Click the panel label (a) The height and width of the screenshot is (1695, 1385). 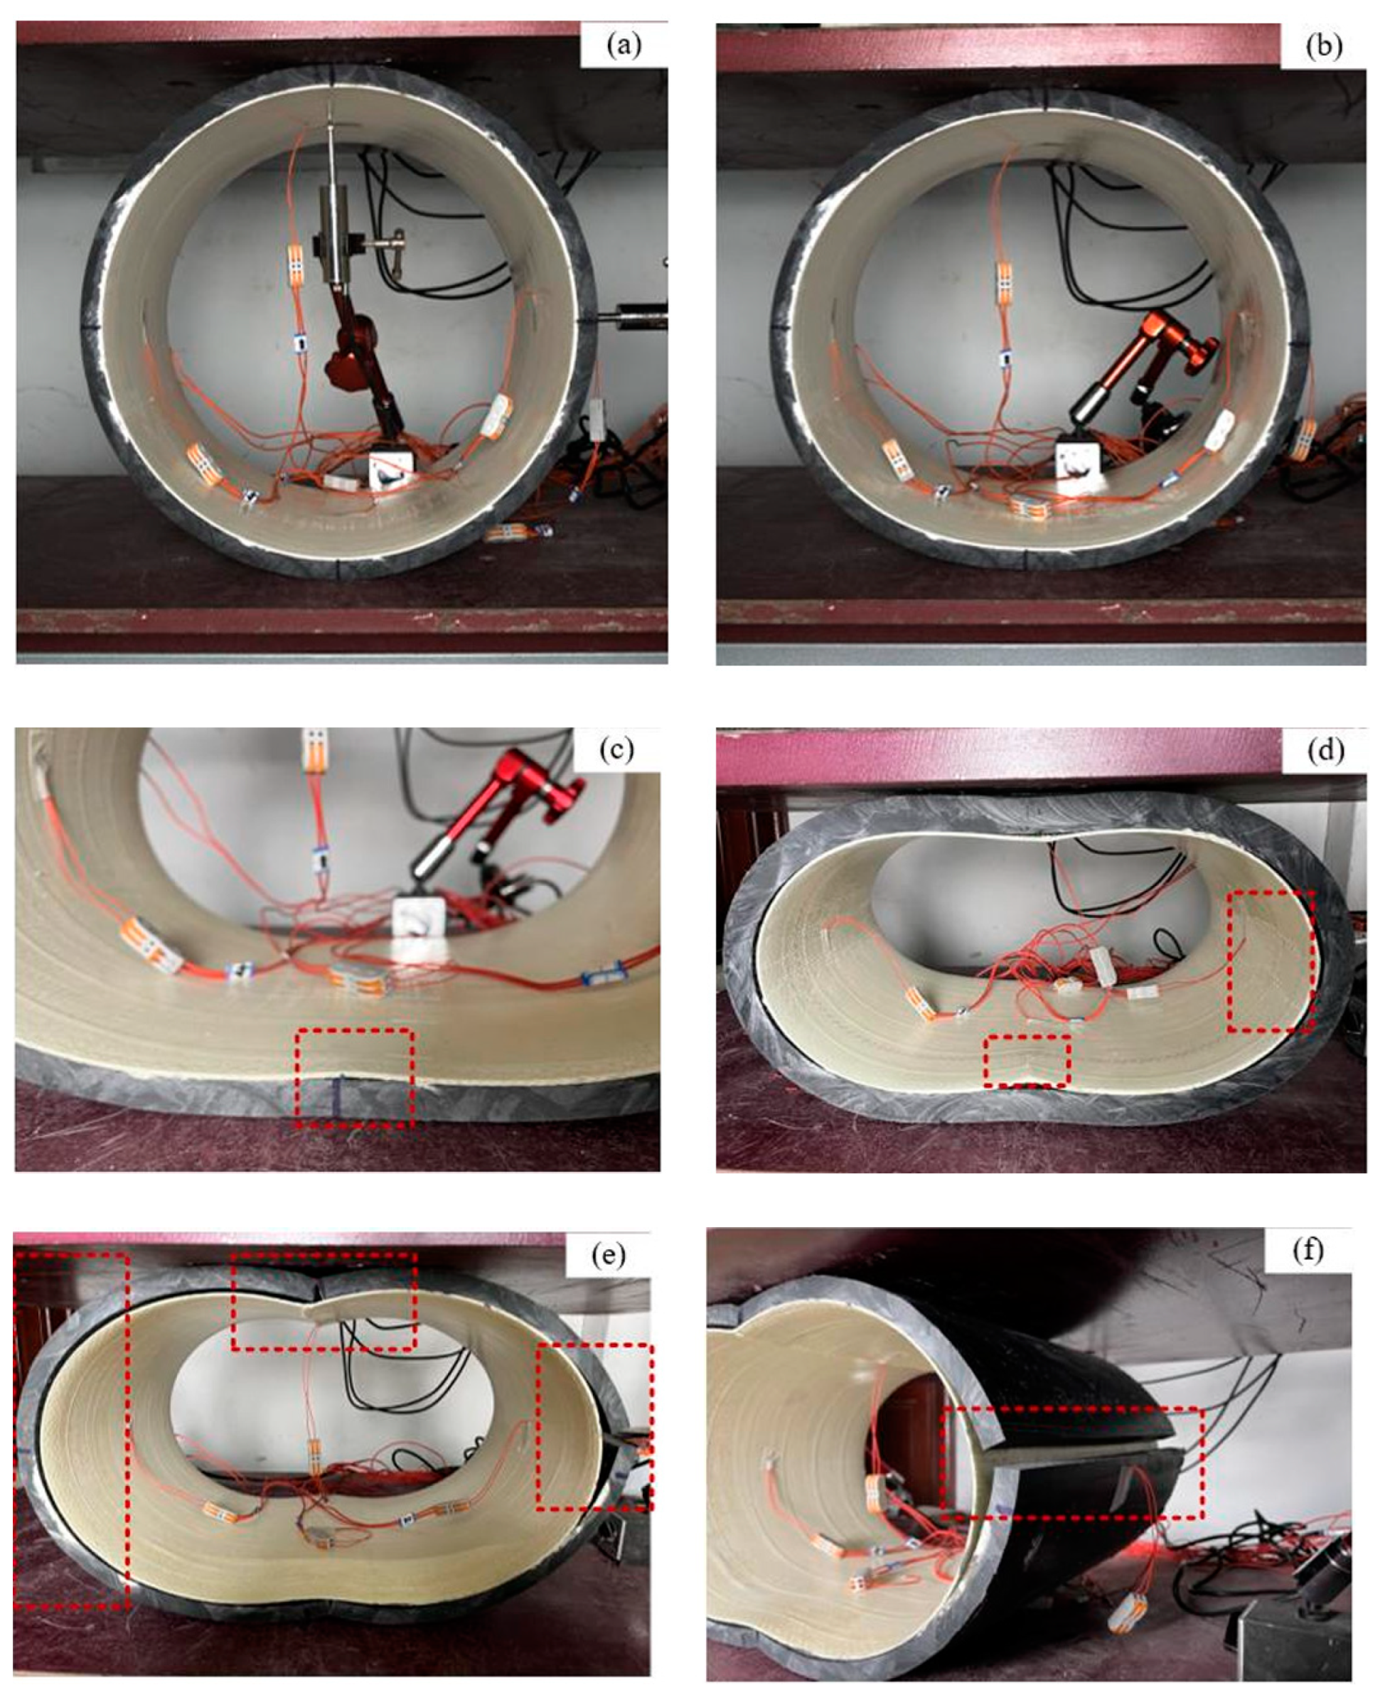coord(623,46)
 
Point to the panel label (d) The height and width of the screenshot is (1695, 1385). coord(1325,751)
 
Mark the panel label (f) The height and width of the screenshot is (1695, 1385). coord(1307,1250)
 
